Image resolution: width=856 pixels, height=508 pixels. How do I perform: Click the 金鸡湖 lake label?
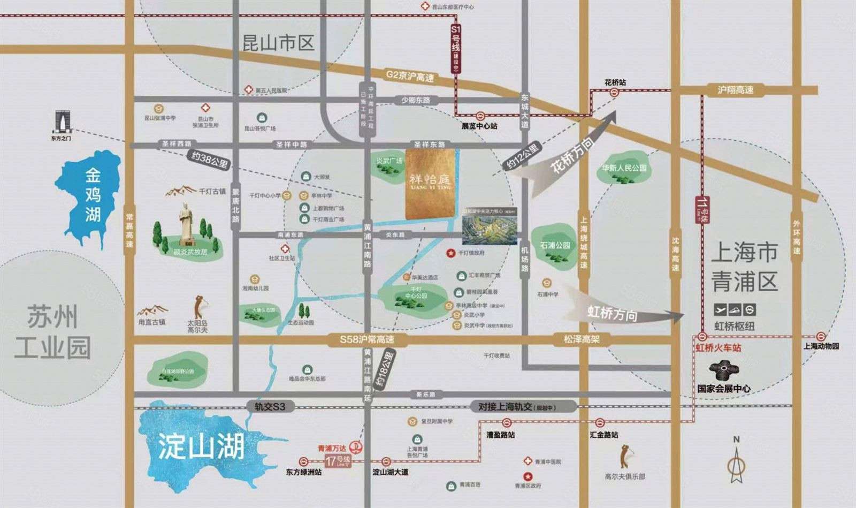(93, 195)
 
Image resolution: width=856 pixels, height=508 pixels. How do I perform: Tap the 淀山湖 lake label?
(201, 446)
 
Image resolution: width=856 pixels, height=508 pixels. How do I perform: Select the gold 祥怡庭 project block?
(430, 184)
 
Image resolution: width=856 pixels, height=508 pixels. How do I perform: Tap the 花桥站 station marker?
(614, 93)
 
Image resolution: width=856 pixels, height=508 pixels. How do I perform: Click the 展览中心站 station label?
(479, 126)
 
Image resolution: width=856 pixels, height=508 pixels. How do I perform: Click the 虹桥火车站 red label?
(718, 348)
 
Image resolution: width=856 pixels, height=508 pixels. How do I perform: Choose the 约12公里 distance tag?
(521, 156)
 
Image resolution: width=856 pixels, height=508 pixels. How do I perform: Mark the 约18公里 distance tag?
(385, 369)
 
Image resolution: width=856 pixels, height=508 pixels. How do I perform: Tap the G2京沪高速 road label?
(409, 75)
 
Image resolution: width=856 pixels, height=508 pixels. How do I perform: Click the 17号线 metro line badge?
(338, 460)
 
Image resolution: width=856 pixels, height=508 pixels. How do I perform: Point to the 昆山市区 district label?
(278, 43)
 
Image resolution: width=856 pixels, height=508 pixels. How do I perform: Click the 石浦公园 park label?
(555, 246)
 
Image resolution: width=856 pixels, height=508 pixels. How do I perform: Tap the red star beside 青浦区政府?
(528, 476)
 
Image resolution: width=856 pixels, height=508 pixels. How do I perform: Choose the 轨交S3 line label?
(270, 407)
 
